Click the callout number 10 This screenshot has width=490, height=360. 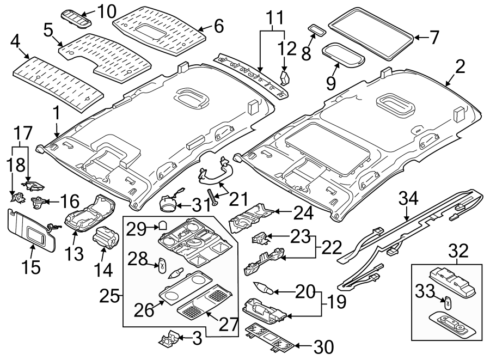click(x=107, y=10)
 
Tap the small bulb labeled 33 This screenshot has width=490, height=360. click(x=445, y=303)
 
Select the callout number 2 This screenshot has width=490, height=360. click(x=461, y=68)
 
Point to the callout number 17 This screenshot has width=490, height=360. click(x=23, y=132)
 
